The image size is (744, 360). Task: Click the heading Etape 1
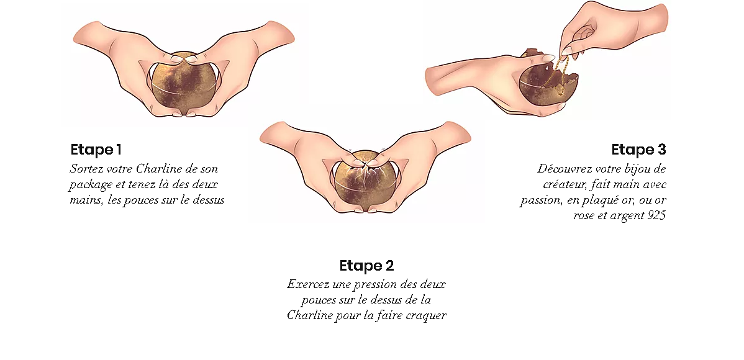[96, 150]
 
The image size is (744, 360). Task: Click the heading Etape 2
[366, 265]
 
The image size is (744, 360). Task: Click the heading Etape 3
[638, 150]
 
